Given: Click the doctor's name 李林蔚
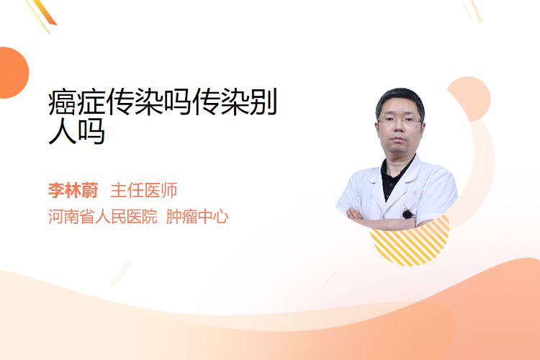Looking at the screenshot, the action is pyautogui.click(x=73, y=191).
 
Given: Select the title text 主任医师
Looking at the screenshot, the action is pyautogui.click(x=143, y=191).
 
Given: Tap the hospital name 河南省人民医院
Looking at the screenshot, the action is pyautogui.click(x=103, y=217).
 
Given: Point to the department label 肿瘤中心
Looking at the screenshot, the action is pyautogui.click(x=197, y=217).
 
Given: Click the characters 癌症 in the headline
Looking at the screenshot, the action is pyautogui.click(x=77, y=102).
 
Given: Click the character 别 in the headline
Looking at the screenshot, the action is pyautogui.click(x=263, y=102).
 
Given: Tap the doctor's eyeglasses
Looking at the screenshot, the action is pyautogui.click(x=400, y=120).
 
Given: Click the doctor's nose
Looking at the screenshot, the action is pyautogui.click(x=399, y=128).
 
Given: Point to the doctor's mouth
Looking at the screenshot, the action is pyautogui.click(x=398, y=139).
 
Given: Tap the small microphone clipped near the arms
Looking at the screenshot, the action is pyautogui.click(x=408, y=215).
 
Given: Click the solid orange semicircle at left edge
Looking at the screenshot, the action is pyautogui.click(x=14, y=73).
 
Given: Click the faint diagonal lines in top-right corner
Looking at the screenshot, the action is pyautogui.click(x=472, y=10).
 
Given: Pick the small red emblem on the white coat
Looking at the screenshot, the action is pyautogui.click(x=415, y=193).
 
